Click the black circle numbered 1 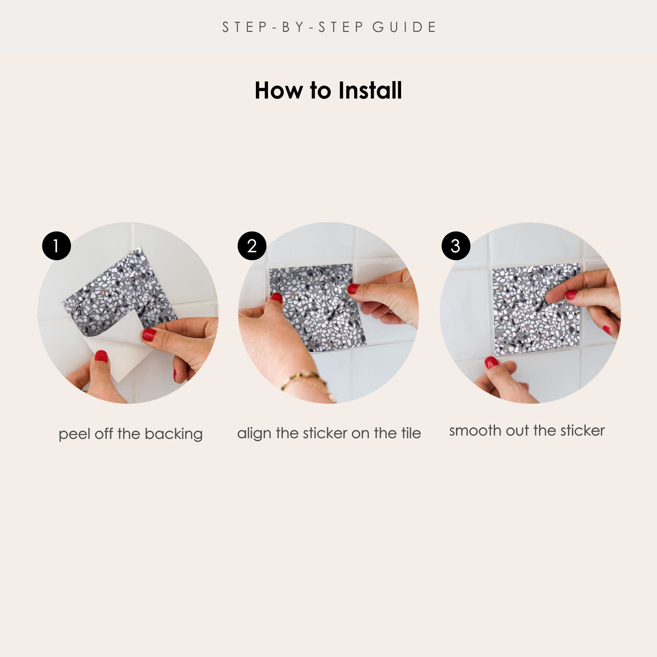(57, 246)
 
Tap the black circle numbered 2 (252, 246)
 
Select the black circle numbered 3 (456, 246)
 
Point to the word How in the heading (278, 90)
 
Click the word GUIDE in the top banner (404, 27)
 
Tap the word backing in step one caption (173, 434)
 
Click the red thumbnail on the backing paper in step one (101, 356)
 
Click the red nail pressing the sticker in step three (571, 295)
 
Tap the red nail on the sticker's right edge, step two (352, 289)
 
